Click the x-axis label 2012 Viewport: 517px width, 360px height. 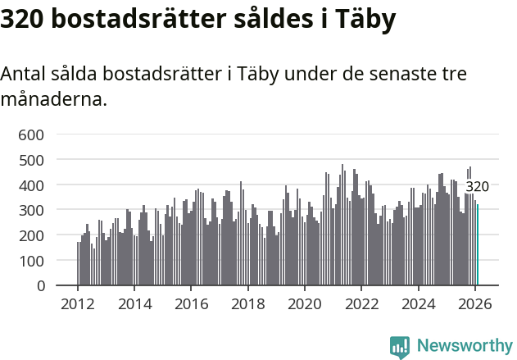click(78, 304)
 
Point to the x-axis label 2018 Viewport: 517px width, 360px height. click(247, 304)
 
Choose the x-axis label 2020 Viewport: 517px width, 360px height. click(305, 304)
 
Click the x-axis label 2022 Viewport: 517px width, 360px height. click(361, 304)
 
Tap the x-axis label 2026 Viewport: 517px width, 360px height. click(474, 304)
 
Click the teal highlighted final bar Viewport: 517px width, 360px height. click(478, 245)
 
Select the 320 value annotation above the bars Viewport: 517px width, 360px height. click(477, 186)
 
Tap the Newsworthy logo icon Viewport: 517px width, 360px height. click(400, 347)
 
